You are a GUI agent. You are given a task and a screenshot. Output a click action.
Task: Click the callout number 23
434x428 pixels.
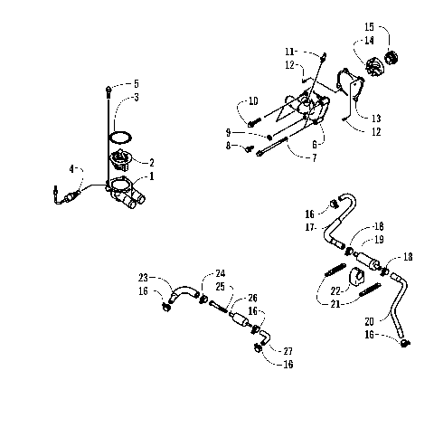tap(144, 278)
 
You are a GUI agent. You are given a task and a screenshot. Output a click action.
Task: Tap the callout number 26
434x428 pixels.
tap(252, 297)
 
